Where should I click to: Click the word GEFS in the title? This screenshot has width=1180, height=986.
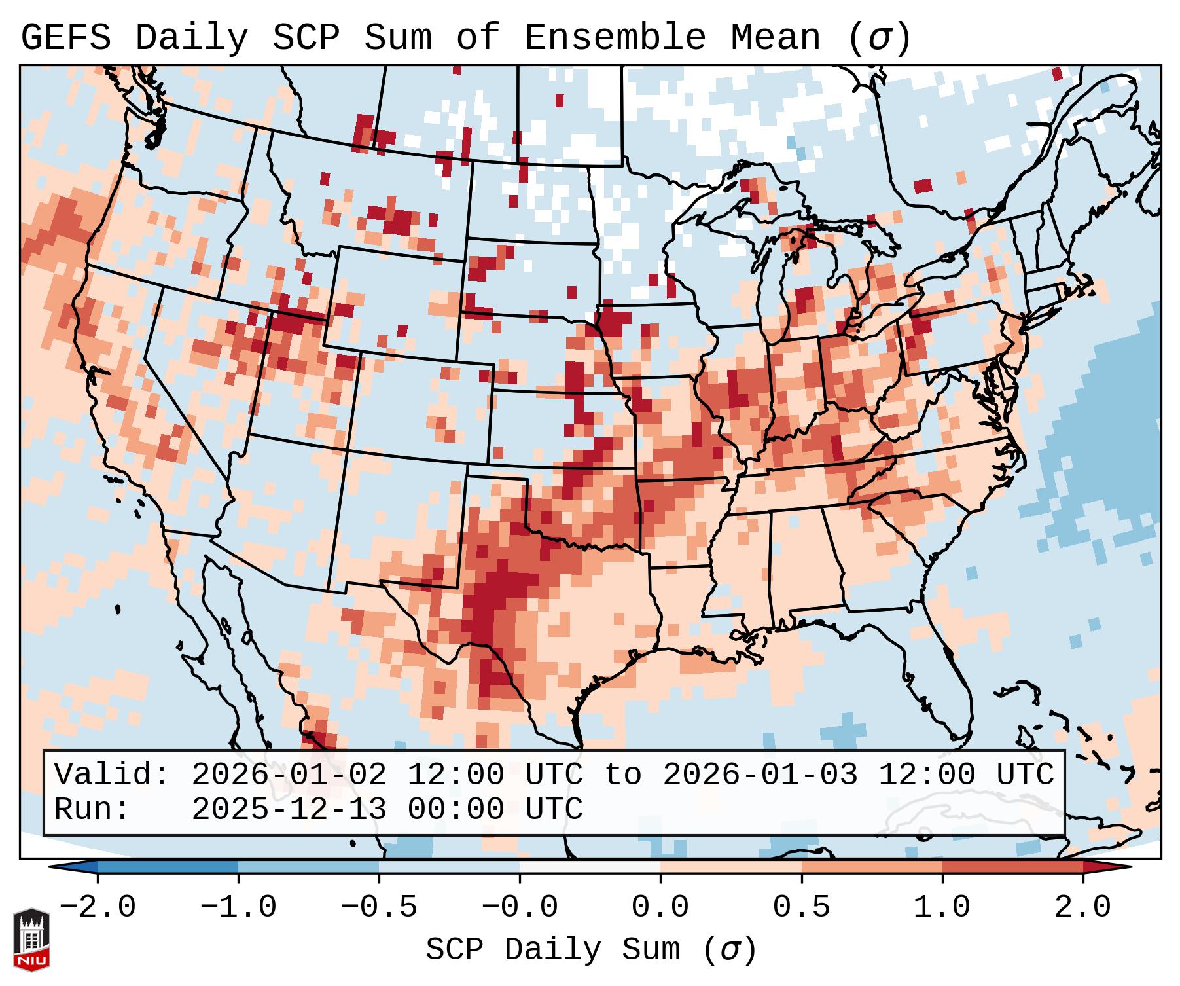(65, 38)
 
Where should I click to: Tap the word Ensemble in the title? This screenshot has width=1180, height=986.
(615, 38)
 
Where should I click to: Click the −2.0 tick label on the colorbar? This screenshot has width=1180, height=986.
(98, 907)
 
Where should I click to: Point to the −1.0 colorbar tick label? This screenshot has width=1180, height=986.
(238, 907)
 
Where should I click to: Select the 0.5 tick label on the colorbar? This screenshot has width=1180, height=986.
(802, 907)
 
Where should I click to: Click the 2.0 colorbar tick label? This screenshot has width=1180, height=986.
(1083, 907)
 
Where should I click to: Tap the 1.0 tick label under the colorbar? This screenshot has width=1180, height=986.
(942, 907)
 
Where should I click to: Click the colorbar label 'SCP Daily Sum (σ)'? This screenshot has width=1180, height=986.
(591, 950)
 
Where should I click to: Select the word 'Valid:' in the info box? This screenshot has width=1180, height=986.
(112, 775)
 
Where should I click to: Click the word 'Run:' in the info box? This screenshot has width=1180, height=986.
(92, 809)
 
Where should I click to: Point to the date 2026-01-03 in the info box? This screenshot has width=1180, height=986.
(760, 775)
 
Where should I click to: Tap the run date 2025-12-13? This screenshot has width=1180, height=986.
(289, 809)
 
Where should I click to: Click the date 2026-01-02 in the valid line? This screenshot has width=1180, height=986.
(289, 775)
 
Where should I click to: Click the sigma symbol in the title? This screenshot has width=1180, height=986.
(880, 38)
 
